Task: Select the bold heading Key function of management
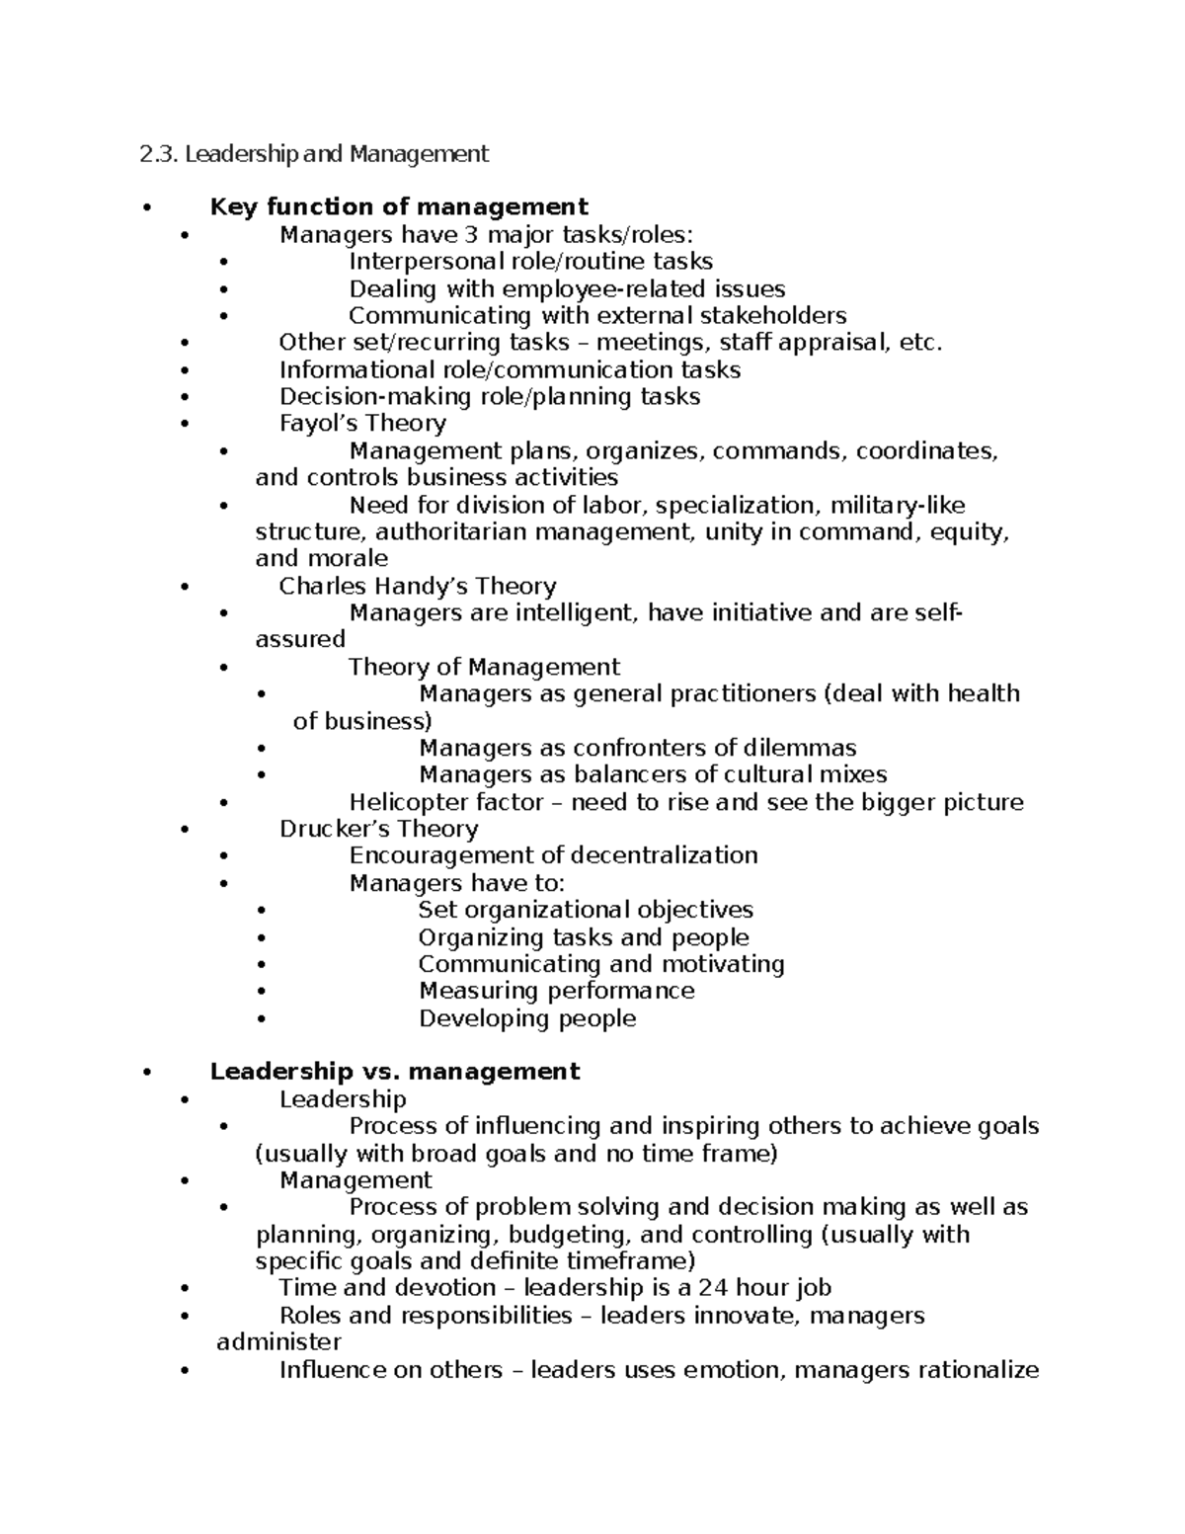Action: coord(399,207)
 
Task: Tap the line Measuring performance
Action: coord(556,991)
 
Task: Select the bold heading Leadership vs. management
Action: coord(395,1072)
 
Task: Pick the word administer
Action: coord(278,1342)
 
